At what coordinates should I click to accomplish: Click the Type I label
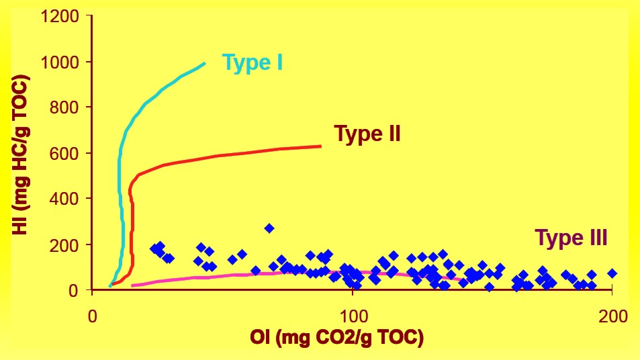pos(252,63)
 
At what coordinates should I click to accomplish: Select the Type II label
pos(367,134)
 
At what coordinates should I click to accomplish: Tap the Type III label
pos(571,238)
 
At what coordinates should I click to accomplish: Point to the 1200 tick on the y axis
pos(64,16)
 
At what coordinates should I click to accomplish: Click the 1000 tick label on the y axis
pos(64,62)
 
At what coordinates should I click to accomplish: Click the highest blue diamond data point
pos(269,228)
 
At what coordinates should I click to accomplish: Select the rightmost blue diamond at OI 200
pos(612,273)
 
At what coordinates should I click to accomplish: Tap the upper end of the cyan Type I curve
pos(204,64)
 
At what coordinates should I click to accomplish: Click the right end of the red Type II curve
pos(320,146)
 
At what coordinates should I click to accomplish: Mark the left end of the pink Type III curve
pos(132,285)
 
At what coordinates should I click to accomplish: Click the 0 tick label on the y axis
pos(79,290)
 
